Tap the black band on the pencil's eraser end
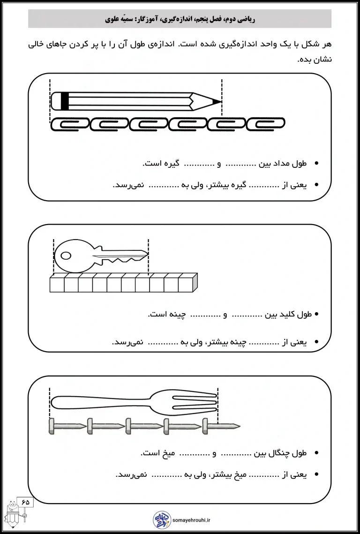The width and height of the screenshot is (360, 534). point(65,101)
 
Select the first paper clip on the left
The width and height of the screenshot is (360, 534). point(68,123)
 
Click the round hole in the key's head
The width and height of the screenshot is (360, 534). point(66,256)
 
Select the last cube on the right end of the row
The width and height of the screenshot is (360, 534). point(186,284)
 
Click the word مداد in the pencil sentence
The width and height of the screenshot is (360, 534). point(283,164)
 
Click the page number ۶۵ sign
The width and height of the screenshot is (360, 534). point(25,502)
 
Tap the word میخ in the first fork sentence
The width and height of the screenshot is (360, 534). point(168,453)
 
